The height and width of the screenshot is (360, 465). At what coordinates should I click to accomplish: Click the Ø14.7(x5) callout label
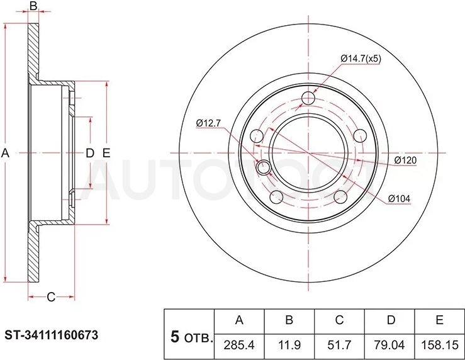[361, 59]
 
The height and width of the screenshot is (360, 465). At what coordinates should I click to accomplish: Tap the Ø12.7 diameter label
[208, 123]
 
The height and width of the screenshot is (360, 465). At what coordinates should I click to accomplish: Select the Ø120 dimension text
[405, 160]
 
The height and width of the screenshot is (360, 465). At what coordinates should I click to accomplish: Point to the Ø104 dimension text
[399, 198]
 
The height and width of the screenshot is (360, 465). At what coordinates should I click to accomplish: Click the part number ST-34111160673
[52, 335]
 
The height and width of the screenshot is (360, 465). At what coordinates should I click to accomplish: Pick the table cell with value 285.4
[239, 345]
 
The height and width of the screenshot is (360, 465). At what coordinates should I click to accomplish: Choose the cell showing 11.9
[289, 345]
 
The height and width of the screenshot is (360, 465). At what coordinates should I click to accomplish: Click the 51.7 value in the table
[339, 345]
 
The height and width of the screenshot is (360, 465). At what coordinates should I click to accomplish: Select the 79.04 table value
[389, 345]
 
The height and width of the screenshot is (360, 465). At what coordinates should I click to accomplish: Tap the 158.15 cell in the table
[439, 345]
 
